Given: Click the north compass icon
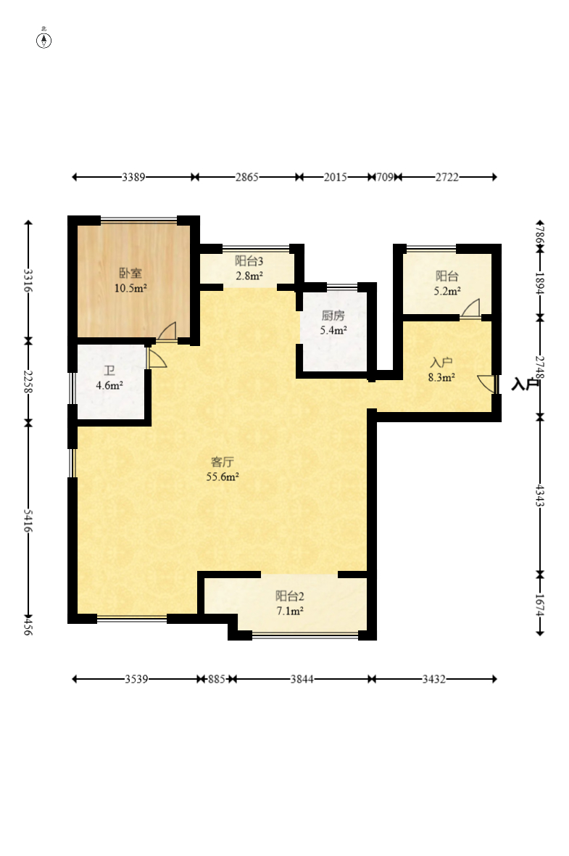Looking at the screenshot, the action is (x=43, y=40).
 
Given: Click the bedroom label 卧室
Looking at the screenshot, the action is (x=130, y=273).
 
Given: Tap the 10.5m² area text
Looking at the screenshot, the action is (x=130, y=288).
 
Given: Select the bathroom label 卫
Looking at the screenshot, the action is (x=109, y=371).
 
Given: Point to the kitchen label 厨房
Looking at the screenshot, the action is (x=333, y=315).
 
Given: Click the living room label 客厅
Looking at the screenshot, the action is (x=222, y=462).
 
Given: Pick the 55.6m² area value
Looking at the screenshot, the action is (x=223, y=477).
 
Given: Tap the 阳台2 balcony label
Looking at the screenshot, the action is (x=289, y=596).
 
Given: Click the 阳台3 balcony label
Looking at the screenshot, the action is (x=249, y=261).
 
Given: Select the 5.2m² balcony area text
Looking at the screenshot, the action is (x=447, y=291).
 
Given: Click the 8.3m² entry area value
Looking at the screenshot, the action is (x=441, y=376).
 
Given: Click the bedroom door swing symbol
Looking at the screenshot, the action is (x=167, y=332).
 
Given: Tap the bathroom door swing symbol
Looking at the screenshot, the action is (x=157, y=358).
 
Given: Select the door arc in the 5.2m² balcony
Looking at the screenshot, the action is (x=470, y=308).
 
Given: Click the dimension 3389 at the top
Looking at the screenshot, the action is (x=133, y=177).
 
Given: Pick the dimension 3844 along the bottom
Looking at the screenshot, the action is (x=302, y=679).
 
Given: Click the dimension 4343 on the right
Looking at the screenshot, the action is (x=539, y=495).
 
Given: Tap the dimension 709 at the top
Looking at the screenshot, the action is (x=385, y=177).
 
